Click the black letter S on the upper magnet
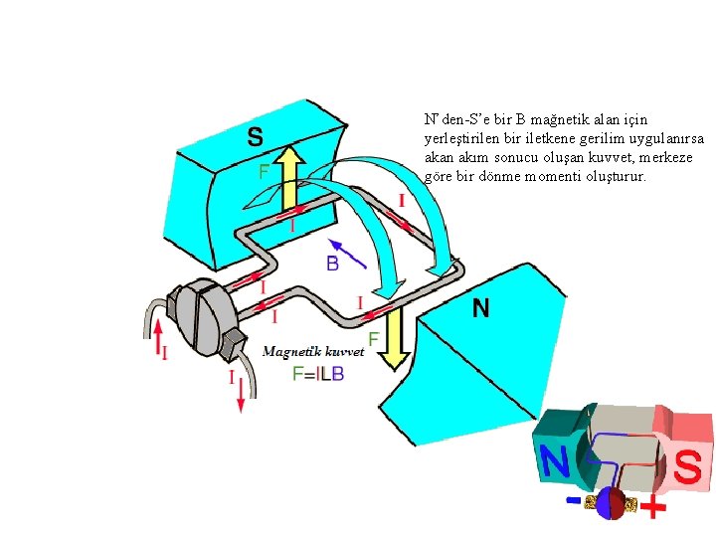tap(256, 135)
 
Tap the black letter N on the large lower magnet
tap(480, 309)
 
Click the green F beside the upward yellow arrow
tap(265, 172)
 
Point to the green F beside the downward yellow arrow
tap(373, 339)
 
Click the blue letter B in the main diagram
tap(333, 264)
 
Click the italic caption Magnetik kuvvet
tap(313, 351)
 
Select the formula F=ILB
tap(318, 374)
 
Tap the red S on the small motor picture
tap(688, 466)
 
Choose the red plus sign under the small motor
tap(652, 510)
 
